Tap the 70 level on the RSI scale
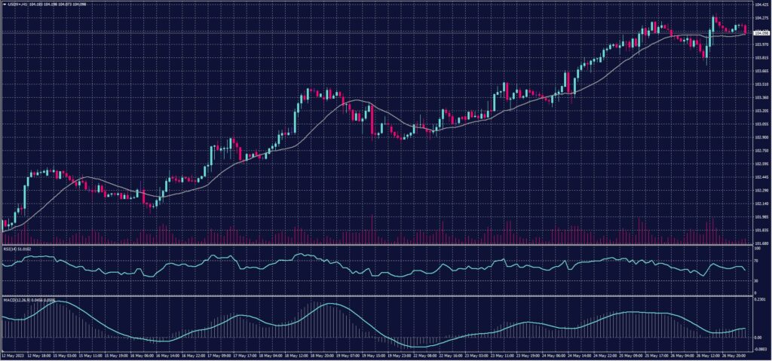pos(755,260)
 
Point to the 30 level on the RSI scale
pos(755,280)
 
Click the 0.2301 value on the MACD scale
pos(759,300)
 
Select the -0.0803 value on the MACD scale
pos(759,349)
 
